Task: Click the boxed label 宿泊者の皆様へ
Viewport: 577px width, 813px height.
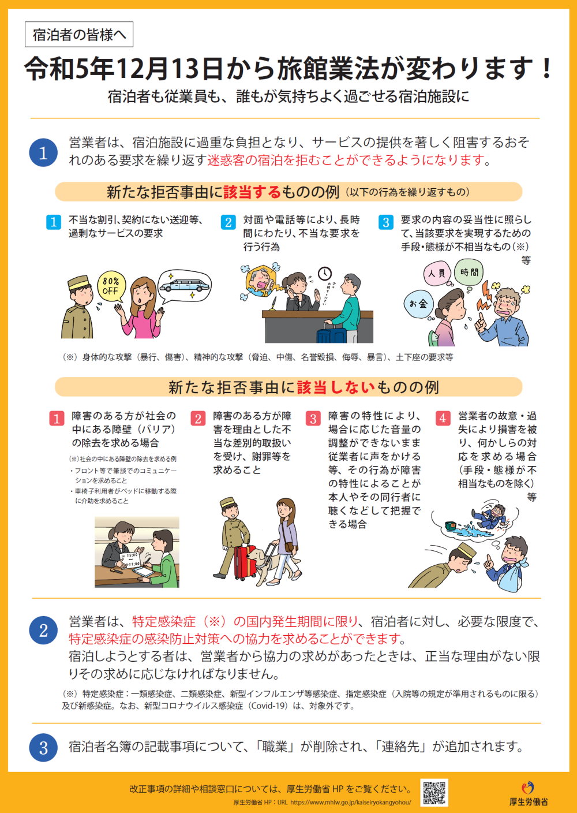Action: pyautogui.click(x=79, y=35)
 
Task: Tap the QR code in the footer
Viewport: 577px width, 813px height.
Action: pyautogui.click(x=434, y=792)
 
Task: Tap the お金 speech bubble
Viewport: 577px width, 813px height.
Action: pyautogui.click(x=418, y=304)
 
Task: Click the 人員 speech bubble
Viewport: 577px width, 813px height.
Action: pyautogui.click(x=437, y=273)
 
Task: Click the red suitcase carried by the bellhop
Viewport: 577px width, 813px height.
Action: pyautogui.click(x=245, y=562)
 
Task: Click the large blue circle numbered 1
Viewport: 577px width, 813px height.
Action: pyautogui.click(x=43, y=152)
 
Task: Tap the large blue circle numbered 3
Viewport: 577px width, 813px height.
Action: pyautogui.click(x=43, y=748)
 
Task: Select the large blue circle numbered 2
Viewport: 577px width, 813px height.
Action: pyautogui.click(x=43, y=631)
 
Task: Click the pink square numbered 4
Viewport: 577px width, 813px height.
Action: pyautogui.click(x=443, y=418)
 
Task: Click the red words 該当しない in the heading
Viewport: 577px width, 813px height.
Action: pyautogui.click(x=336, y=387)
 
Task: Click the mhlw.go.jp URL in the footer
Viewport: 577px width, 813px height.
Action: pyautogui.click(x=350, y=803)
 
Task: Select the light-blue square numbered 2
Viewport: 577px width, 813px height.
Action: pyautogui.click(x=228, y=222)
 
